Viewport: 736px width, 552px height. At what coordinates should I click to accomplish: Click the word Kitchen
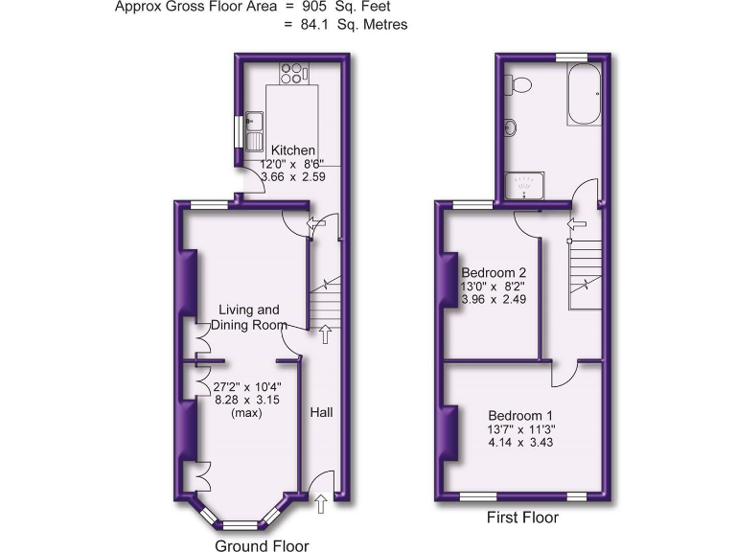[x=292, y=150]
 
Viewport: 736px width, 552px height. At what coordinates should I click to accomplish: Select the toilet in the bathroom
[x=520, y=86]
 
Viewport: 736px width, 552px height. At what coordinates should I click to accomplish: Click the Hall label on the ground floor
[x=321, y=412]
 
